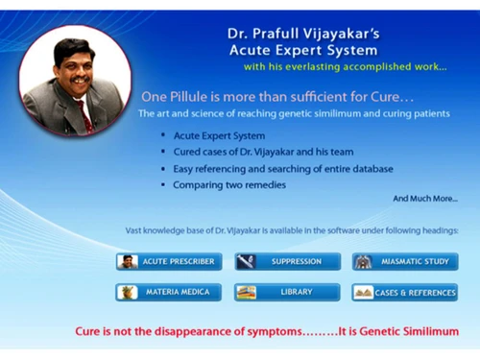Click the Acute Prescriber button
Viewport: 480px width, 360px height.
click(168, 261)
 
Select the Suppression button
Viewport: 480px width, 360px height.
click(287, 261)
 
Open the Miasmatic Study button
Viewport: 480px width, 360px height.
click(404, 261)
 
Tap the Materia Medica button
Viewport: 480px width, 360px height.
click(168, 292)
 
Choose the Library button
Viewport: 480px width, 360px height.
click(287, 292)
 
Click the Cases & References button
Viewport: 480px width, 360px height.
click(404, 292)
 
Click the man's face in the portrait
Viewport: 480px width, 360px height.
click(71, 67)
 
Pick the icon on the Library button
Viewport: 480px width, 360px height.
click(247, 292)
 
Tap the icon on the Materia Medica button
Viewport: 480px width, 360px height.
click(128, 292)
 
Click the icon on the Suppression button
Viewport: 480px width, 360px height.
click(247, 261)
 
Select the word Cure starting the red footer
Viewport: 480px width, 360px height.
click(89, 331)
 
